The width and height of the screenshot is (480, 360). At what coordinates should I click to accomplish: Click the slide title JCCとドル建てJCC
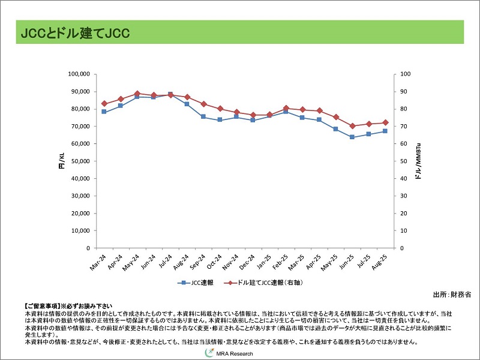76,33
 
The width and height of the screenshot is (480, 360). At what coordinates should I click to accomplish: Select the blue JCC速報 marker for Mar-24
104,112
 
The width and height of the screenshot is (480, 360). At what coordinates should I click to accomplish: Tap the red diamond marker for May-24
137,94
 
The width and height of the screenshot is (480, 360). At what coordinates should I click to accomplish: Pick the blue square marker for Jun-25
352,137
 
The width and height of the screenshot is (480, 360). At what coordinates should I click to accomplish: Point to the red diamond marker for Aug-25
385,122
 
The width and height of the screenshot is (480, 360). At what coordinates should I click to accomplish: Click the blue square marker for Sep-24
203,116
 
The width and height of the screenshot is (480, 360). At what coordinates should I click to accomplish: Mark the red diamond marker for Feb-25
286,108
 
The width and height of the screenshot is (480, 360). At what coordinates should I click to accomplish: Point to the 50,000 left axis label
79,161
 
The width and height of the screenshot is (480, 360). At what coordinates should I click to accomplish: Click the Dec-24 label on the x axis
248,262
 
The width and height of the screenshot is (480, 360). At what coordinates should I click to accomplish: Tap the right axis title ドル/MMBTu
418,161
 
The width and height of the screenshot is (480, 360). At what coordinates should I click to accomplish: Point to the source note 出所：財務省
452,295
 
